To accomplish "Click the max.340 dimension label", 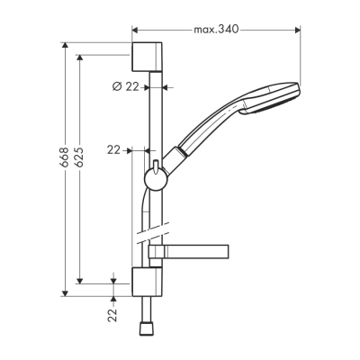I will click(217, 29).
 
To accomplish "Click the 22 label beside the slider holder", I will click(113, 150).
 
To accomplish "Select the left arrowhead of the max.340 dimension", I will click(135, 29).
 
